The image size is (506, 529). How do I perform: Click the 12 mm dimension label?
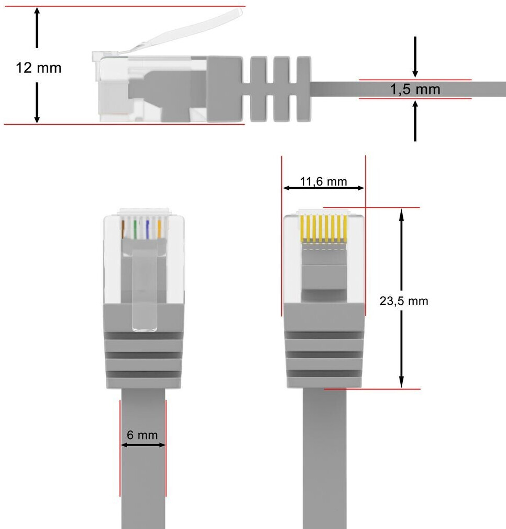tap(38, 68)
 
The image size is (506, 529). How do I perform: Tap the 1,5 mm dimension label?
tap(415, 89)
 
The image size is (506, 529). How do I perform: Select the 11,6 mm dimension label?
tap(323, 181)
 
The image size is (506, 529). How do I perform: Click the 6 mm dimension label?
tap(142, 435)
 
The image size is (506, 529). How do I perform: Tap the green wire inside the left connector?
tap(135, 229)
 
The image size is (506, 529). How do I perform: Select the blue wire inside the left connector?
tap(148, 229)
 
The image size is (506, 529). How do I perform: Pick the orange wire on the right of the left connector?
tap(159, 229)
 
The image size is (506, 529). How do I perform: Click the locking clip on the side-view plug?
tap(178, 31)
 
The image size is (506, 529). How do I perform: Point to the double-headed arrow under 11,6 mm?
tap(323, 188)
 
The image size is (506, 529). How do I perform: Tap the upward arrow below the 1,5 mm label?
tap(415, 121)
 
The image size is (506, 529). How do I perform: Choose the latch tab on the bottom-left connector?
tap(145, 294)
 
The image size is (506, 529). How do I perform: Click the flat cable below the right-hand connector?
tap(325, 461)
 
